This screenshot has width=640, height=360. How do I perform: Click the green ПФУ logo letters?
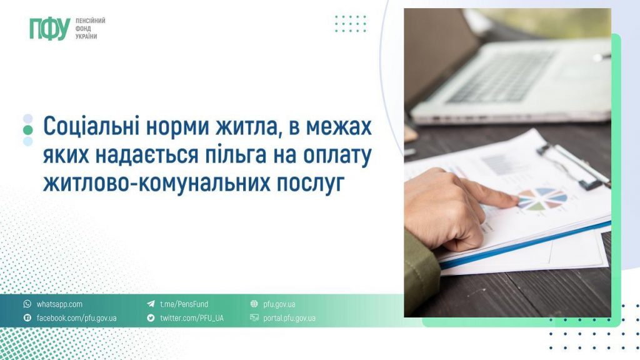pos(49,29)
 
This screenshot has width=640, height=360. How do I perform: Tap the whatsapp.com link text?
pos(59,304)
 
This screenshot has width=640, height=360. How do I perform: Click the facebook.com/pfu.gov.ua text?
pos(76,318)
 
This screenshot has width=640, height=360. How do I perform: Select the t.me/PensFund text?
pos(184,304)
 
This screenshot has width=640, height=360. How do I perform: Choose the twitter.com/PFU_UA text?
pos(191,318)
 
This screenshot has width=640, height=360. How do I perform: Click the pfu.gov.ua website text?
pos(279,304)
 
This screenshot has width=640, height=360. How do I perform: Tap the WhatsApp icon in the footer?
pos(27,304)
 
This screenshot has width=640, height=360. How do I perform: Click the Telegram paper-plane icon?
pos(151,304)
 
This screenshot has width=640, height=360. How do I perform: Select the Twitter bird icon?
pos(151,318)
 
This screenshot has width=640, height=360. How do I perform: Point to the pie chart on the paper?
pos(542,199)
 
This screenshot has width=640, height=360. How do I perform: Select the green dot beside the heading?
pos(27,130)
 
